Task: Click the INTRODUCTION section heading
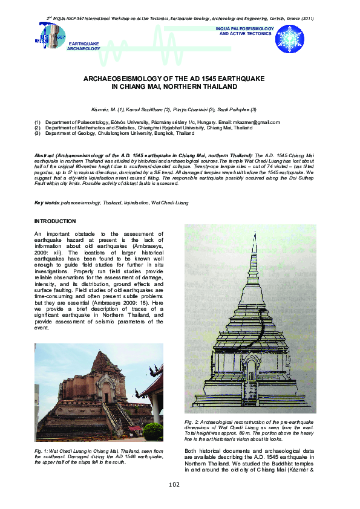click(x=55, y=221)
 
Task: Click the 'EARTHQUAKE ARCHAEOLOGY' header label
click(x=84, y=47)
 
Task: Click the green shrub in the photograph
click(x=152, y=431)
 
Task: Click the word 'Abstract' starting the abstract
click(x=45, y=156)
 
